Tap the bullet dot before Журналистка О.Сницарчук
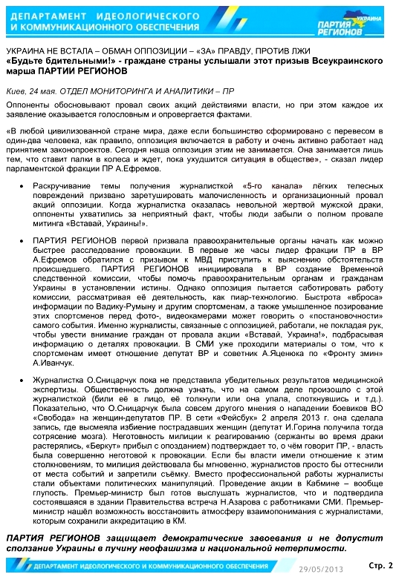[27, 378]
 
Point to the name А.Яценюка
[282, 355]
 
